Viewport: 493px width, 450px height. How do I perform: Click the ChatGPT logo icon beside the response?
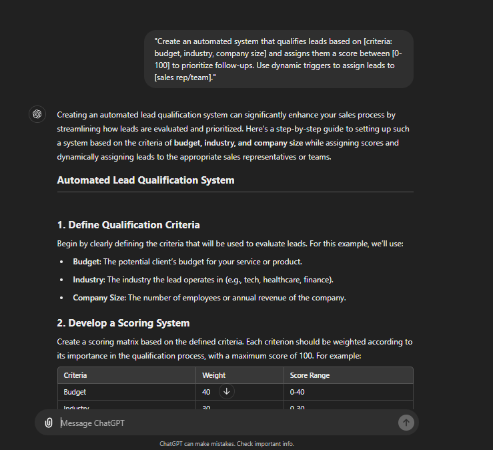(37, 114)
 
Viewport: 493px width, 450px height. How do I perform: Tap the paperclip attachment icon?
(49, 423)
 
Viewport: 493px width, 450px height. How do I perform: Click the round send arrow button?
(406, 422)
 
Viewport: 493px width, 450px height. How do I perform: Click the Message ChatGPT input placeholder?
(93, 423)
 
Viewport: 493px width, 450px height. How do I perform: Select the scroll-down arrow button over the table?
(226, 392)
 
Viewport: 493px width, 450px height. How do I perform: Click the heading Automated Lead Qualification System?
(145, 180)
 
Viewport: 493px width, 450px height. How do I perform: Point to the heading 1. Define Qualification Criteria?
(128, 225)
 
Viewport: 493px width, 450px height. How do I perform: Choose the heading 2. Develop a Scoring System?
(123, 323)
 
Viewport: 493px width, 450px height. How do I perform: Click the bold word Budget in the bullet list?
(85, 262)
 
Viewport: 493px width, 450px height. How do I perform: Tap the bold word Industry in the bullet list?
(88, 280)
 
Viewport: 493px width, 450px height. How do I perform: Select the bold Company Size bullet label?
(99, 298)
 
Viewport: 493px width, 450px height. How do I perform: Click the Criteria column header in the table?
(75, 375)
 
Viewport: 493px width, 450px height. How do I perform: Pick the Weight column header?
(213, 375)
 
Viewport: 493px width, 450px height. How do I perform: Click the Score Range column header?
(310, 375)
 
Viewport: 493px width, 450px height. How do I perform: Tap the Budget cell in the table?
(75, 392)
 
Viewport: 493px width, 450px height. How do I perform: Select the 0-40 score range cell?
(298, 392)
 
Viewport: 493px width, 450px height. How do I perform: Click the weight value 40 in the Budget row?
(206, 392)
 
